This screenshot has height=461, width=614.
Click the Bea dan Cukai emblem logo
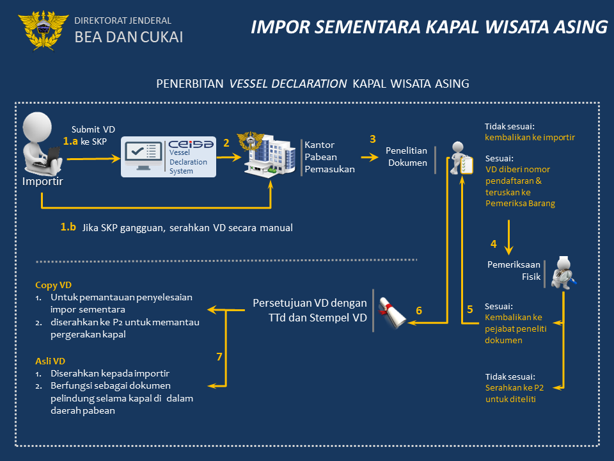pyautogui.click(x=43, y=29)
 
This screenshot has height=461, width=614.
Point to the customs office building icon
pyautogui.click(x=265, y=154)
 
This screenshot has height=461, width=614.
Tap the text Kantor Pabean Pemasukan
pyautogui.click(x=329, y=157)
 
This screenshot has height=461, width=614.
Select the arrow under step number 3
pyautogui.click(x=370, y=156)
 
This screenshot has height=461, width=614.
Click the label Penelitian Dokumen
pyautogui.click(x=406, y=156)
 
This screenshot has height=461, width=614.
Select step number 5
pyautogui.click(x=470, y=309)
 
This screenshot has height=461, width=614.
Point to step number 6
pyautogui.click(x=419, y=311)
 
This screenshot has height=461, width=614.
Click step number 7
pyautogui.click(x=219, y=357)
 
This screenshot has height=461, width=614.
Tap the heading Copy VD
pyautogui.click(x=53, y=285)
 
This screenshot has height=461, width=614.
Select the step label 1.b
pyautogui.click(x=68, y=227)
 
